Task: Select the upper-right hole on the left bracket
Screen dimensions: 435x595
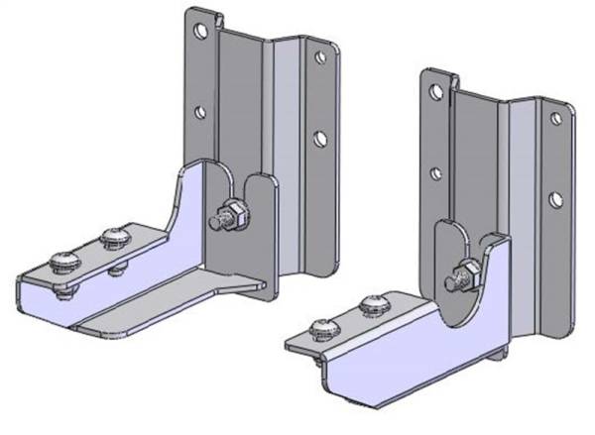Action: (x=320, y=57)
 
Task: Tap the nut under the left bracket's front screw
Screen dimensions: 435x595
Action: (x=66, y=291)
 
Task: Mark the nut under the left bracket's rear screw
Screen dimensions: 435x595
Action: (x=117, y=269)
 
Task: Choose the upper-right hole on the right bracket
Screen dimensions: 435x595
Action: (x=555, y=119)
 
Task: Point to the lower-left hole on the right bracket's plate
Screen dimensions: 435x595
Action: (x=435, y=173)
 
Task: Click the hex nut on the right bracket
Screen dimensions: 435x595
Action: (x=465, y=271)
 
